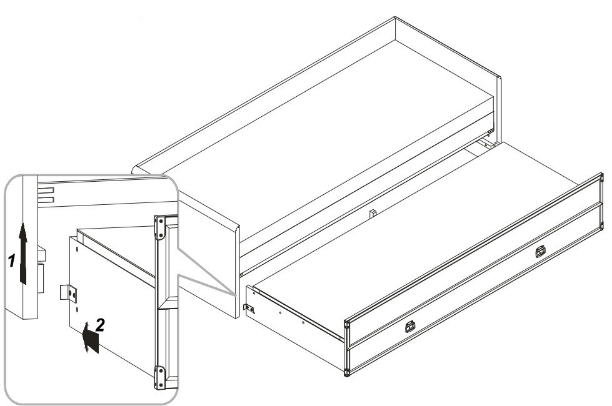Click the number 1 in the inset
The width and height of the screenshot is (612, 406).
12,260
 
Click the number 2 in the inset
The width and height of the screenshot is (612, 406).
100,325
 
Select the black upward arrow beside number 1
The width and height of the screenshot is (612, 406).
23,254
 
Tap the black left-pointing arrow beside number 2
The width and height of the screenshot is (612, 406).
91,338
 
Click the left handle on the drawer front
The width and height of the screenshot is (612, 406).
410,327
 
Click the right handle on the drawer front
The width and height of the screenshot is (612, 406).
540,252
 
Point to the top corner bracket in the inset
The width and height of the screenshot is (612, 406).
159,228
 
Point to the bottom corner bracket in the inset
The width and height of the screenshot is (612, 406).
159,377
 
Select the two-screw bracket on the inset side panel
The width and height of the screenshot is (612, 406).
69,294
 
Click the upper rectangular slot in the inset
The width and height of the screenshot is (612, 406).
46,191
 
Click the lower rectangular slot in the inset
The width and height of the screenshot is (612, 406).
46,200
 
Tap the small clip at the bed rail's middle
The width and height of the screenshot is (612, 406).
373,214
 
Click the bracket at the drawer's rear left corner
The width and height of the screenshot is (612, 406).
249,308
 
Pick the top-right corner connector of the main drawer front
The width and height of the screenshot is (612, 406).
601,177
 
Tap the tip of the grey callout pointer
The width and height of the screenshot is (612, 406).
236,295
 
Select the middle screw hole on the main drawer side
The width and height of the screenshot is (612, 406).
281,312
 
